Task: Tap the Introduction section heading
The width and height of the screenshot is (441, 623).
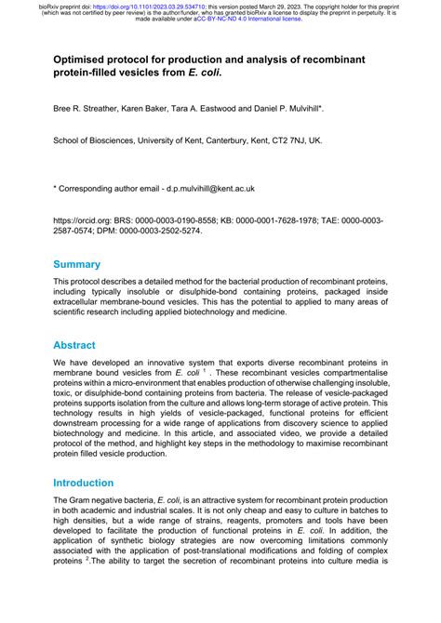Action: (97, 484)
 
